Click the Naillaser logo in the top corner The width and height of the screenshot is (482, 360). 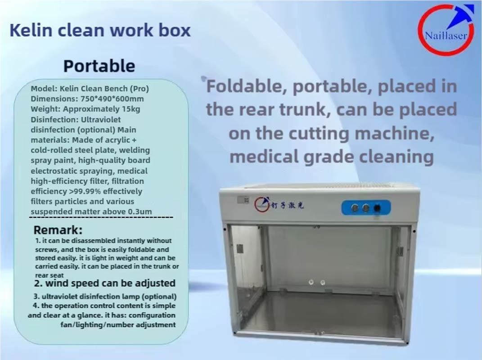tap(446, 30)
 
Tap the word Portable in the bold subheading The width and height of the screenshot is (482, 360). tap(99, 66)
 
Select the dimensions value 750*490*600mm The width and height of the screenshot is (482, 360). tap(112, 99)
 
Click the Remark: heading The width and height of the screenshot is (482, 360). tap(58, 230)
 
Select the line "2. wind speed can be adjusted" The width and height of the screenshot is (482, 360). tap(104, 283)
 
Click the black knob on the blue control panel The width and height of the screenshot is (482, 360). tap(377, 208)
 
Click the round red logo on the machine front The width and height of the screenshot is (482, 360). tap(262, 204)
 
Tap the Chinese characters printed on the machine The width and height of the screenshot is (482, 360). tap(287, 205)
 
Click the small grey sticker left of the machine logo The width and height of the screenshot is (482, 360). tap(243, 199)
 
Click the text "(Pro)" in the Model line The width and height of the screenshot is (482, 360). tap(139, 89)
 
